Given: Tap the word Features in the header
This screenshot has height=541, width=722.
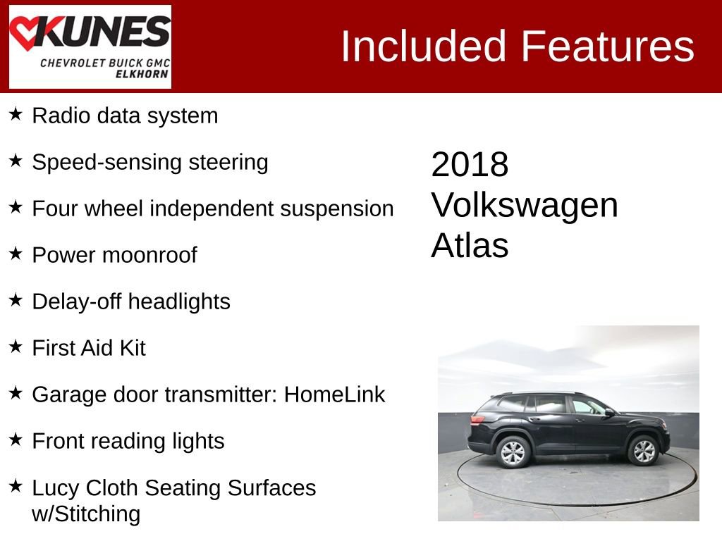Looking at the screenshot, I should pos(608,46).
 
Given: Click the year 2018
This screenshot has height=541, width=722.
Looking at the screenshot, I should pos(469,165).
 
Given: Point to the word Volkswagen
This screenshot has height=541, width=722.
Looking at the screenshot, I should pos(524,205).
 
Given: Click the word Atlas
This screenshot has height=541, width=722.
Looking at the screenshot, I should pos(469,245).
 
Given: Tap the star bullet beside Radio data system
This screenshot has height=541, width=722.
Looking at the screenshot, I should pos(16,114).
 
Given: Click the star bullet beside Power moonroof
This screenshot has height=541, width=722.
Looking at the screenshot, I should pos(16,254).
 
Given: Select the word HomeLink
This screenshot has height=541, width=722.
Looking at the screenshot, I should pos(334,394).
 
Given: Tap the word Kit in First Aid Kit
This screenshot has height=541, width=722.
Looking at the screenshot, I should pos(132,348).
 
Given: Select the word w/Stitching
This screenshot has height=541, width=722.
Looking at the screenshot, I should pos(86,514).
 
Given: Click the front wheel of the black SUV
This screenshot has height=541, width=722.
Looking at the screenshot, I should pos(642,451).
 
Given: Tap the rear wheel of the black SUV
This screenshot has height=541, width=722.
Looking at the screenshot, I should pos(513,452).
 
